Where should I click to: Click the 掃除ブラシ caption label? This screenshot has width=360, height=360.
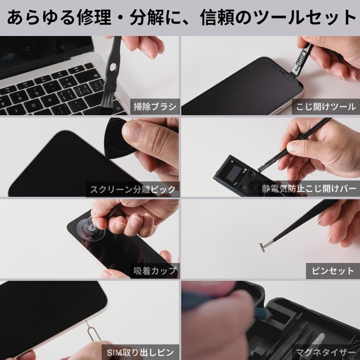tap(155, 107)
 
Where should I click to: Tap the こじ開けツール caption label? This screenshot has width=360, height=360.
tap(326, 107)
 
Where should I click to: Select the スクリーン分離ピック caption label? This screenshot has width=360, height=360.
tap(132, 189)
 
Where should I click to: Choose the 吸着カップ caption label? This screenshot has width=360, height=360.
tap(155, 271)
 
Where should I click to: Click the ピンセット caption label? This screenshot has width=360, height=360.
tap(333, 271)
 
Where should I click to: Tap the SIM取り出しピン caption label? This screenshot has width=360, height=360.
tap(140, 352)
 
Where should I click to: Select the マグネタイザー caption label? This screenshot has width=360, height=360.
tap(325, 352)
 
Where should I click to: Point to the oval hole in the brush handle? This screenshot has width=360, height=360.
tap(112, 67)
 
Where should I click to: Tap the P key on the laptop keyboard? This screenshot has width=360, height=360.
tap(49, 100)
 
